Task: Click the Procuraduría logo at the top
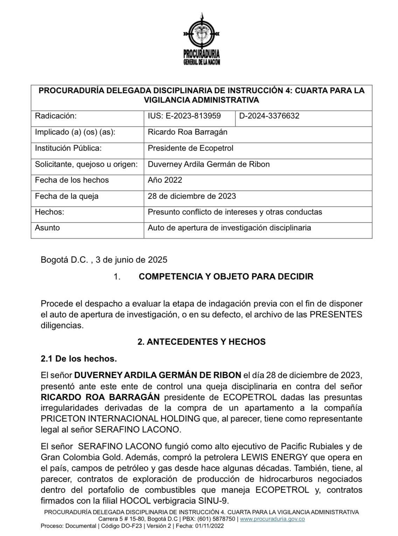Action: click(201, 39)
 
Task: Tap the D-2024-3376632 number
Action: click(269, 116)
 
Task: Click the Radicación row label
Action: click(56, 116)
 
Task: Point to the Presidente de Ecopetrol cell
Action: click(190, 148)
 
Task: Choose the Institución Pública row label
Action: click(68, 148)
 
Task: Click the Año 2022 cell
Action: click(165, 180)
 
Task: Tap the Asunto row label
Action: click(47, 228)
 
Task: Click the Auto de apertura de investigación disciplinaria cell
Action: click(229, 228)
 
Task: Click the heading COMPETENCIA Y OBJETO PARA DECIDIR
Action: click(226, 276)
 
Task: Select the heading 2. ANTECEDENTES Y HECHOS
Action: click(201, 342)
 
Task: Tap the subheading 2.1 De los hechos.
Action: click(79, 359)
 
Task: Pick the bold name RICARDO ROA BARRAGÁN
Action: click(100, 397)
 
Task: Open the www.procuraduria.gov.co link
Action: click(272, 519)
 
